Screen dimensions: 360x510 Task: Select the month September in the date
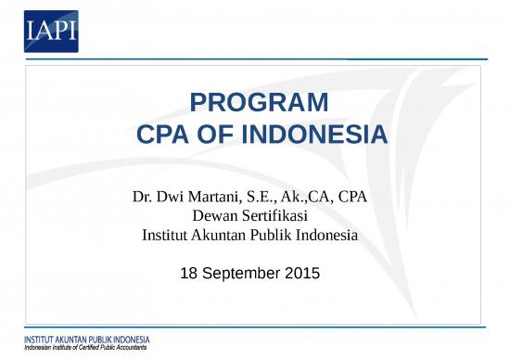click(x=240, y=275)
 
